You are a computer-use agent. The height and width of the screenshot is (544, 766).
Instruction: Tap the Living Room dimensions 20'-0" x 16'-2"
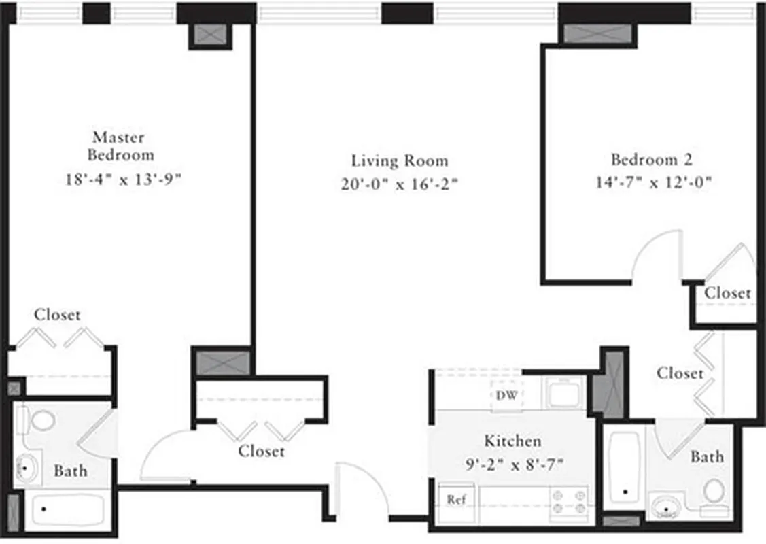tap(400, 184)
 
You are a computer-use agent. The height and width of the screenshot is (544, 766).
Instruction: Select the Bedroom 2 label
tap(651, 160)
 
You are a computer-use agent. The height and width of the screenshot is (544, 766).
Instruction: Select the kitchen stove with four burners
tap(568, 502)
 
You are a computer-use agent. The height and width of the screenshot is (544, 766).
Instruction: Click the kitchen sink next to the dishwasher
tap(563, 393)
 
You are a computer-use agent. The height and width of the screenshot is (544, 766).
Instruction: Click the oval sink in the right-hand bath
tap(666, 507)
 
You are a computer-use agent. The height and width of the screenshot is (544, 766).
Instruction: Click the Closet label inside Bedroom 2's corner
tap(727, 293)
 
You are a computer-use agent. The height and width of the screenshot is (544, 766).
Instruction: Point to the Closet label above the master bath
tap(58, 315)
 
